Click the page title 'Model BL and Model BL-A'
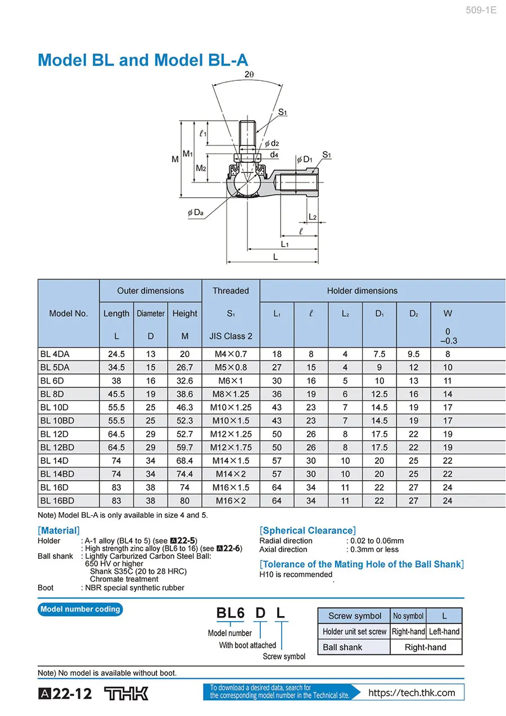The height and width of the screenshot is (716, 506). pos(142,60)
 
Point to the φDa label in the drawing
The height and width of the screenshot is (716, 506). pos(195,213)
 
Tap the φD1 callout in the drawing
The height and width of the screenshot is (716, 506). pos(304,159)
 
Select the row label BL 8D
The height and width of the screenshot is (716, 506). pos(52,394)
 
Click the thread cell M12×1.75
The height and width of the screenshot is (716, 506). pos(231,448)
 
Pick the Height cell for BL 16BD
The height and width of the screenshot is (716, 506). pos(184,501)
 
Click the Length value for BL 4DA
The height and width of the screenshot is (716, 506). pos(116,354)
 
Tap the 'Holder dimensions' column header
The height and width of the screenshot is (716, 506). pos(362,291)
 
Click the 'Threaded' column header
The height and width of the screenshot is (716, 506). pos(231,291)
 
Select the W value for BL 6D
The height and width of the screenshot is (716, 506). pos(447,381)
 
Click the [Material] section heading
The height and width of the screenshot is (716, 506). pos(58,531)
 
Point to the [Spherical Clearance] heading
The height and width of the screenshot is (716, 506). pos(308,531)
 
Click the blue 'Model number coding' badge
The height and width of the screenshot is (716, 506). pos(80,609)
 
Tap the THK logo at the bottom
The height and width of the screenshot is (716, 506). pos(126,694)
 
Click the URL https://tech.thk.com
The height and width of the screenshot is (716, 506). pos(412,692)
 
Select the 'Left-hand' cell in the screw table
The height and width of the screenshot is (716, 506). pos(444,632)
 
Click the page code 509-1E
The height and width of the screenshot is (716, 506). pos(481,10)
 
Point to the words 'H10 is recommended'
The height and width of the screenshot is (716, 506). pos(296,574)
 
